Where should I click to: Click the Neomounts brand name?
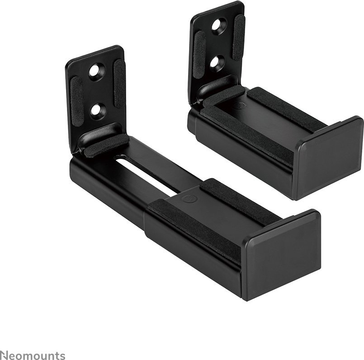click(x=33, y=355)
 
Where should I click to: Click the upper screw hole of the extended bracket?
click(x=96, y=71)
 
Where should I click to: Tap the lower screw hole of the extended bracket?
click(x=97, y=110)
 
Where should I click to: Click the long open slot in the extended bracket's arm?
click(x=145, y=172)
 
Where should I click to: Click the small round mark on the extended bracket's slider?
click(x=185, y=199)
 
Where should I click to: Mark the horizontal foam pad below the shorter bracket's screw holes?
click(x=224, y=96)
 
